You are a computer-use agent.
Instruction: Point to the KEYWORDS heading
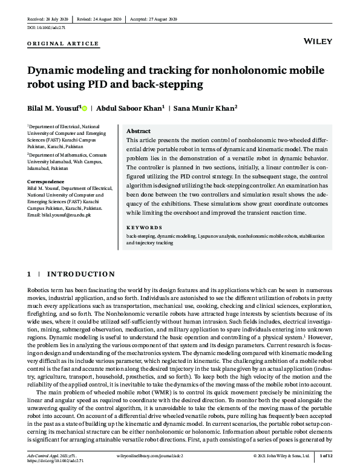(141, 228)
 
